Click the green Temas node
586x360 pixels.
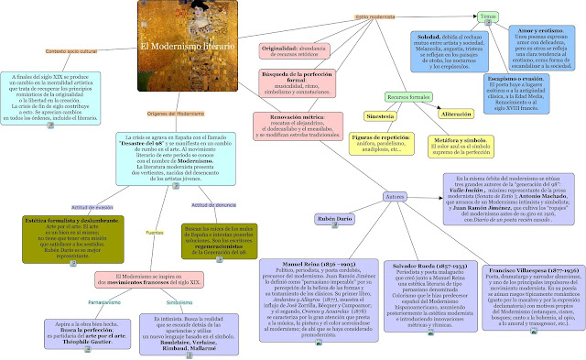click(x=515, y=17)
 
